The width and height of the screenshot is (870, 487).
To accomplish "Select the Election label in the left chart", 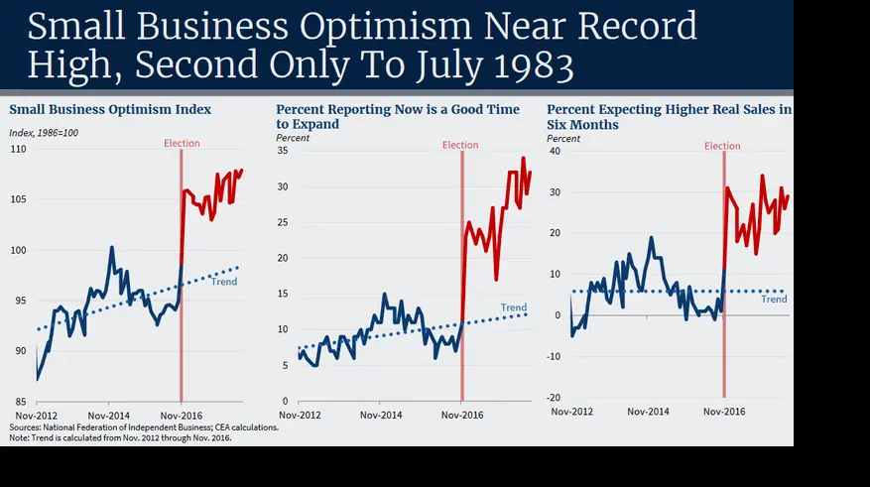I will pyautogui.click(x=183, y=144).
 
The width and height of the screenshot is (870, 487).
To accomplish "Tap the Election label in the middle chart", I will pyautogui.click(x=460, y=145).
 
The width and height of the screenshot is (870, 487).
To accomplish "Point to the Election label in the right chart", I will pyautogui.click(x=722, y=146).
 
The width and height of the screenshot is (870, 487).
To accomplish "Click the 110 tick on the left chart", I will pyautogui.click(x=19, y=149).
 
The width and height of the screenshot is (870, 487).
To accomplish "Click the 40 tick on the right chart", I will pyautogui.click(x=555, y=152).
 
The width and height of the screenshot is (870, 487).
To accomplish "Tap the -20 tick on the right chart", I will pyautogui.click(x=554, y=397).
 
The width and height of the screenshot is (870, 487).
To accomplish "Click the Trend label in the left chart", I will pyautogui.click(x=224, y=282).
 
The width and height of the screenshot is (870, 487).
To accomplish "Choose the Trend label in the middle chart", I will pyautogui.click(x=514, y=307).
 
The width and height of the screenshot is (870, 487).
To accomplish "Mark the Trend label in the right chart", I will pyautogui.click(x=774, y=299).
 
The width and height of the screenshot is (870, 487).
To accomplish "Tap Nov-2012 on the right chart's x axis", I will pyautogui.click(x=572, y=411).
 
